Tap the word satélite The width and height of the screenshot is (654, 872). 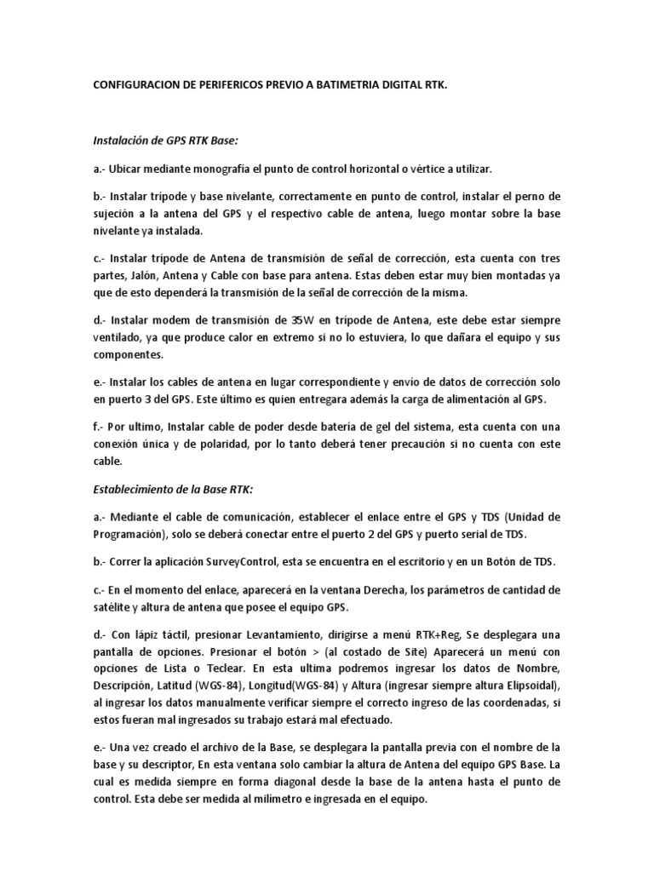[x=116, y=607]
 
